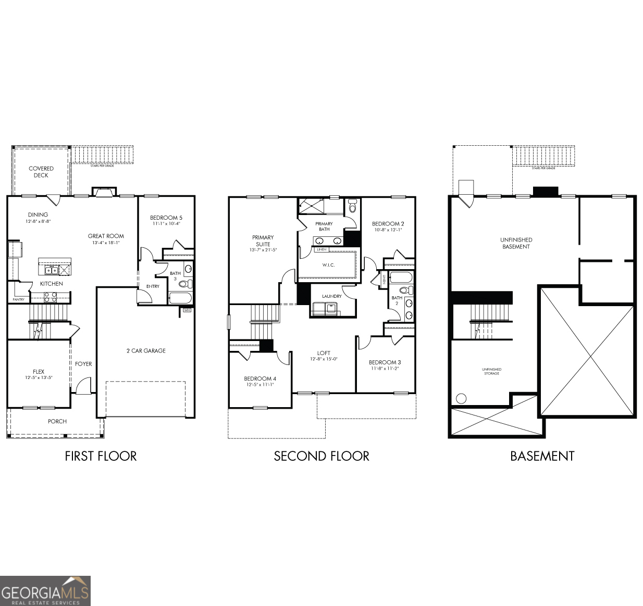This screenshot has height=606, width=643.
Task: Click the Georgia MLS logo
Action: [x=45, y=590]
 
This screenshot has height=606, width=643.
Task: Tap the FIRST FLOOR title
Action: [x=101, y=456]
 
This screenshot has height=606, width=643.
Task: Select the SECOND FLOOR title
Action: [x=321, y=456]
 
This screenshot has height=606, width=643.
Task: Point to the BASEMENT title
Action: [x=542, y=456]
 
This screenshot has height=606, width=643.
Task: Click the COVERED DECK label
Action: [x=41, y=172]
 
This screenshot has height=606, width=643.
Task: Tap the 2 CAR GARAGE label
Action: [x=146, y=351]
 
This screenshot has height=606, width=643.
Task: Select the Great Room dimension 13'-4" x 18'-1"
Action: [x=106, y=243]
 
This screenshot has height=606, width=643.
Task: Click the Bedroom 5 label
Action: [x=166, y=218]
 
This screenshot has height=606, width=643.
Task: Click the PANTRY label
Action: [x=19, y=299]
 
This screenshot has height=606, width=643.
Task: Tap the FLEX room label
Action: [x=39, y=372]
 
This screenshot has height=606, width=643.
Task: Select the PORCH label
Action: [x=57, y=421]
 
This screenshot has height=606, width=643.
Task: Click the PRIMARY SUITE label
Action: [x=263, y=241]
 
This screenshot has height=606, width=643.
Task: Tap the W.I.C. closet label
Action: [x=328, y=265]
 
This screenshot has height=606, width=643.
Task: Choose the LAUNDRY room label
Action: [x=331, y=296]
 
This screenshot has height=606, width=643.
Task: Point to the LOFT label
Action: [x=324, y=353]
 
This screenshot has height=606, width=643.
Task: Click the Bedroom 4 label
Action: [x=260, y=378]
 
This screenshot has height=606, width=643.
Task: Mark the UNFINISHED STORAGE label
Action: [x=491, y=371]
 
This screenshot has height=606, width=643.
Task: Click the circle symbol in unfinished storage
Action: [x=461, y=399]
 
